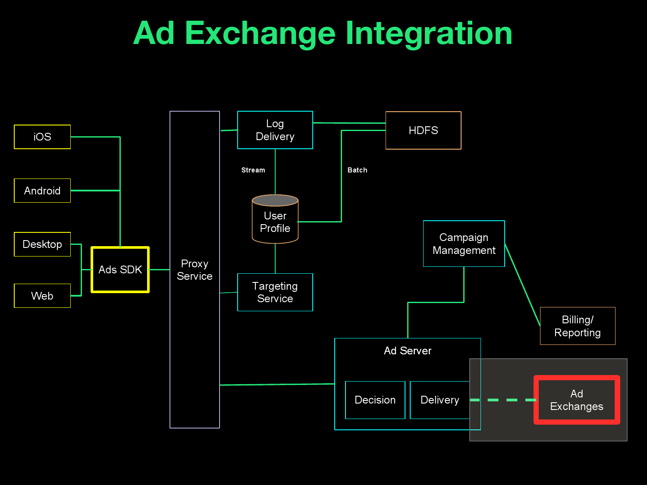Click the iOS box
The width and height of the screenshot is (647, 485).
click(x=42, y=137)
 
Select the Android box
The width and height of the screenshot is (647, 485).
click(x=42, y=191)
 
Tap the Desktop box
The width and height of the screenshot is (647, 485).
click(x=42, y=244)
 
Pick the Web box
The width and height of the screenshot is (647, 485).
click(x=42, y=296)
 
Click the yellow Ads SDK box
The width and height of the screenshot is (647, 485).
click(x=120, y=270)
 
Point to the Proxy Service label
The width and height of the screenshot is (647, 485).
click(x=195, y=270)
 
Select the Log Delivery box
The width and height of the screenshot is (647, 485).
click(x=275, y=130)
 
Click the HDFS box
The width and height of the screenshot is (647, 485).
click(x=423, y=131)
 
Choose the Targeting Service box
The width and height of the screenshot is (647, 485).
click(x=275, y=292)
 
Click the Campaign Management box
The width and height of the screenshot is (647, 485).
click(x=464, y=244)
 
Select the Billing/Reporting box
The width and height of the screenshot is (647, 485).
click(x=577, y=326)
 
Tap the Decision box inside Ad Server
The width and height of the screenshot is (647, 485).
click(x=375, y=400)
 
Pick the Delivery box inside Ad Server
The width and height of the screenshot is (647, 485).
click(x=440, y=400)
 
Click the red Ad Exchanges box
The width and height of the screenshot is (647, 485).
click(x=577, y=400)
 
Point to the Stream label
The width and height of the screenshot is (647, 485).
click(x=253, y=170)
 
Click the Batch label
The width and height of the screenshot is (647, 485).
click(x=358, y=170)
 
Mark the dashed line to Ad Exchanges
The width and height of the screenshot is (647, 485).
click(x=503, y=400)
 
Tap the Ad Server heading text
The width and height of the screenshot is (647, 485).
click(x=408, y=351)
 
